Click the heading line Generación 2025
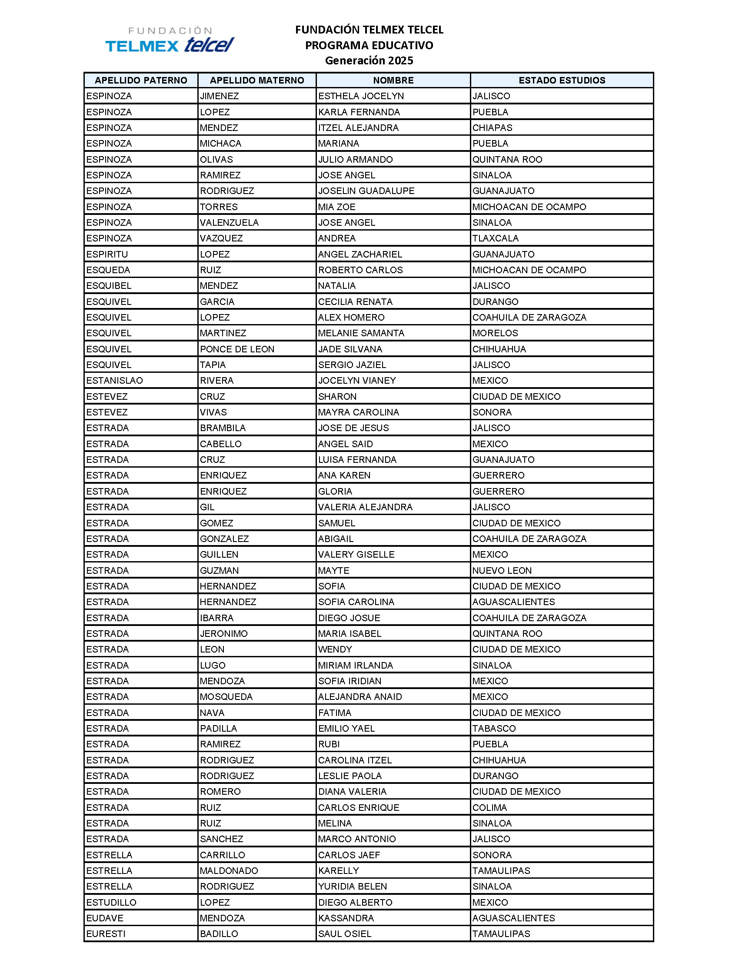(369, 60)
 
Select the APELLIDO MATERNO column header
(257, 80)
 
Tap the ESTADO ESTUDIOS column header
(562, 80)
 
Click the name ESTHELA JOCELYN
(361, 96)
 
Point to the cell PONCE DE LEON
(237, 349)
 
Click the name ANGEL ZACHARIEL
(360, 254)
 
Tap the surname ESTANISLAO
(114, 380)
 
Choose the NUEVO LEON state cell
(502, 571)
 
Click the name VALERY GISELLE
(356, 554)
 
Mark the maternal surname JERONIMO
(224, 634)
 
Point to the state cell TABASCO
(494, 728)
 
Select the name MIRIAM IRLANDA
(356, 665)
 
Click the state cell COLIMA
(489, 808)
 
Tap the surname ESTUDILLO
(111, 902)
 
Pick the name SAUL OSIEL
(345, 934)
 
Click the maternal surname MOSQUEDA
(226, 697)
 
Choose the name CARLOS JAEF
(349, 855)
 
